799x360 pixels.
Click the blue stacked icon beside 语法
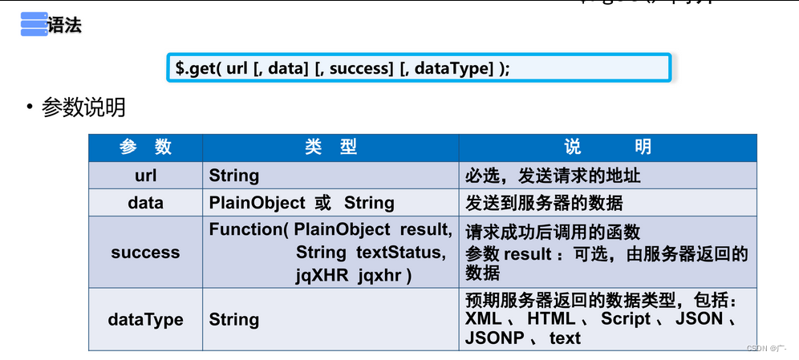pos(34,25)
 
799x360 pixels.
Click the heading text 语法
pos(65,25)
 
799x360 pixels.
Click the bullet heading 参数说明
pos(83,107)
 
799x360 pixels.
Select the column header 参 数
pos(145,147)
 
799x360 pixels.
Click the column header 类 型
pos(331,147)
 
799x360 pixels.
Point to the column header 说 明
pos(607,147)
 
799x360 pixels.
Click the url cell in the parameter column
pos(145,175)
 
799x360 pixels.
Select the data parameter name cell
pos(145,202)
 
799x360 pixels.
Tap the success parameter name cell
pos(145,252)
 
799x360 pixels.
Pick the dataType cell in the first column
pos(145,319)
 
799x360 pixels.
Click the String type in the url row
pos(234,175)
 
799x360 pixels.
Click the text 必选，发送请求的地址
pos(553,175)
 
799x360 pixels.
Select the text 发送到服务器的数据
pos(544,202)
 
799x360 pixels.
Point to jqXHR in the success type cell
pos(323,275)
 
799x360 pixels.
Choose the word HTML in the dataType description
pos(551,319)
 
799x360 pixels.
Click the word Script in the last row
pos(626,319)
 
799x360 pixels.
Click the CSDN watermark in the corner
pos(765,349)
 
